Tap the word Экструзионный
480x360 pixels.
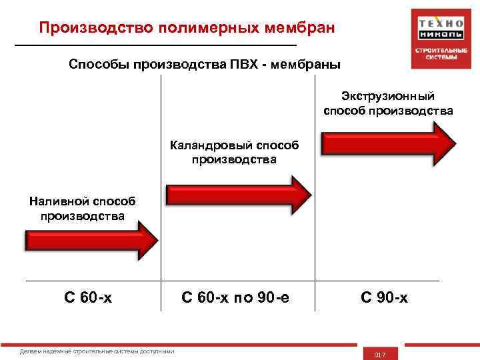tap(388, 96)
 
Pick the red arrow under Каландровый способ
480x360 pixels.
tap(238, 194)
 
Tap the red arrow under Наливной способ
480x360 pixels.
tap(91, 240)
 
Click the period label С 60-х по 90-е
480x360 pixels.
tap(235, 297)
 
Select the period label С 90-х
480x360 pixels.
tap(384, 297)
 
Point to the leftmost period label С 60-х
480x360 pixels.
tap(88, 297)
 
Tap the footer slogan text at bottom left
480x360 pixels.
tap(98, 351)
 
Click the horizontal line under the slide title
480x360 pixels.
tap(155, 44)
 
